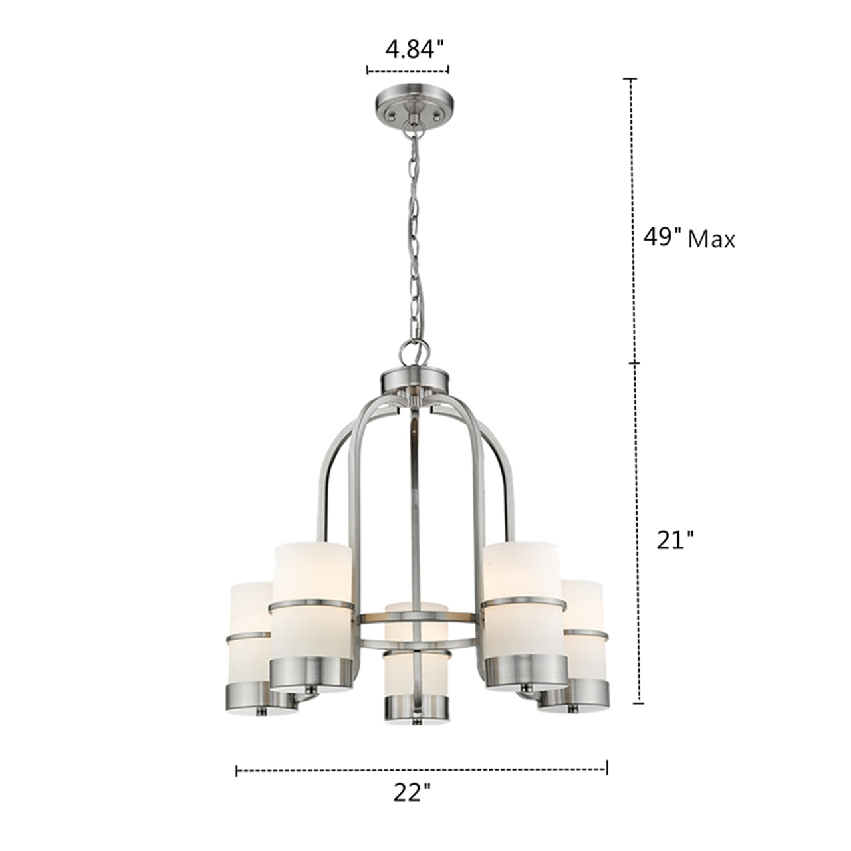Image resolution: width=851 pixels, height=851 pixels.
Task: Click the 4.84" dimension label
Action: (414, 49)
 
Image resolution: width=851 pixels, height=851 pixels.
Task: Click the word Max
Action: (711, 239)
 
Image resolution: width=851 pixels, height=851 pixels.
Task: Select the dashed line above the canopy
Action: (408, 69)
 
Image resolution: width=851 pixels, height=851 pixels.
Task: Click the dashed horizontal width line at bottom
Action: (422, 770)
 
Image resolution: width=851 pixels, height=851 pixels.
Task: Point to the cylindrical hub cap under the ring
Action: (416, 381)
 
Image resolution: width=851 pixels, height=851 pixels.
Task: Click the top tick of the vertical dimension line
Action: (629, 79)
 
